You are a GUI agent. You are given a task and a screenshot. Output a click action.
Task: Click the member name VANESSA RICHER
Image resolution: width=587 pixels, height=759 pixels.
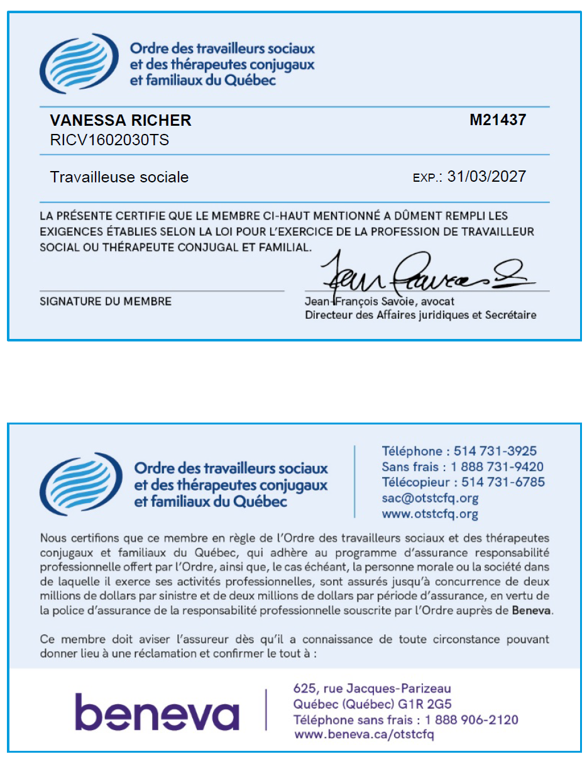point(121,121)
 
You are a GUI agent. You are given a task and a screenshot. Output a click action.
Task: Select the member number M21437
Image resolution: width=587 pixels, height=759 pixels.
point(497,120)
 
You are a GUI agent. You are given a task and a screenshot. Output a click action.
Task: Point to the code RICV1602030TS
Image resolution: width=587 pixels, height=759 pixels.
point(109,140)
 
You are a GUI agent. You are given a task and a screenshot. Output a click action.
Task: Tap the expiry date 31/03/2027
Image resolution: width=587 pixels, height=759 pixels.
point(486,177)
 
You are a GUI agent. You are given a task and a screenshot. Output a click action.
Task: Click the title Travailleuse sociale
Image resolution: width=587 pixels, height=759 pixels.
point(119,177)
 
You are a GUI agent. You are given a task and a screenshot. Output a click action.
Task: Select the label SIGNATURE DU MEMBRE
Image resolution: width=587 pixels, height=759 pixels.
point(106,302)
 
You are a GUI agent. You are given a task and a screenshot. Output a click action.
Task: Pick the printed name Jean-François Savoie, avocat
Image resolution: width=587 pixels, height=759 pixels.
point(379,302)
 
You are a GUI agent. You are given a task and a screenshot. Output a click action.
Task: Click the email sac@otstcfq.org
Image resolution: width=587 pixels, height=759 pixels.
point(430,498)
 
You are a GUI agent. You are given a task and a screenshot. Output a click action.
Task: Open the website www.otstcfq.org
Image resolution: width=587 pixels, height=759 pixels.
point(430,514)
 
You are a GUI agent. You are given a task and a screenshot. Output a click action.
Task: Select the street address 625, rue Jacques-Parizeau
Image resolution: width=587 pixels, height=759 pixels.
point(372,689)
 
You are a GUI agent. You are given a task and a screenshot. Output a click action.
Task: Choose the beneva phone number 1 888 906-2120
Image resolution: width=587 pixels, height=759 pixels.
point(471,719)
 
